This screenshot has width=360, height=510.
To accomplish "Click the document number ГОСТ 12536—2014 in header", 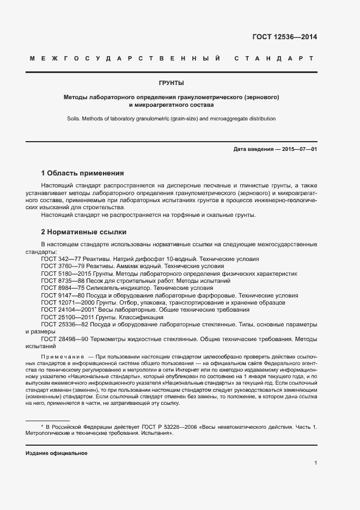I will (x=284, y=38).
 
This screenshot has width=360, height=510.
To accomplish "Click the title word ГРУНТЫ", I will (x=171, y=83).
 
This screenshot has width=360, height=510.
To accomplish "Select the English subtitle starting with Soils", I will (x=171, y=118).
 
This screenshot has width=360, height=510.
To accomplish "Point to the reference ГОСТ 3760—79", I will (x=62, y=266).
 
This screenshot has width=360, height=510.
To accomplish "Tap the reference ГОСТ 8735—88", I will (x=62, y=281).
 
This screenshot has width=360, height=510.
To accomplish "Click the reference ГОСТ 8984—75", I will (x=62, y=288).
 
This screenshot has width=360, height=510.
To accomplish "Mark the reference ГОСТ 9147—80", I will (x=62, y=295).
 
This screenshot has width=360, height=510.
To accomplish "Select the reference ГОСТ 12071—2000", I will (x=65, y=302).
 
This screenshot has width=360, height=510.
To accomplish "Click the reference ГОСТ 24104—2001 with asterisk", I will (x=66, y=309).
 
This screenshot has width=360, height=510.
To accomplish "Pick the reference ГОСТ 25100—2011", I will (x=65, y=317).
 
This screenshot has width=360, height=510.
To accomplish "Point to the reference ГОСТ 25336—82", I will (x=64, y=324).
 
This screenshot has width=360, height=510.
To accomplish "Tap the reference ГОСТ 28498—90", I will (x=64, y=338).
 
